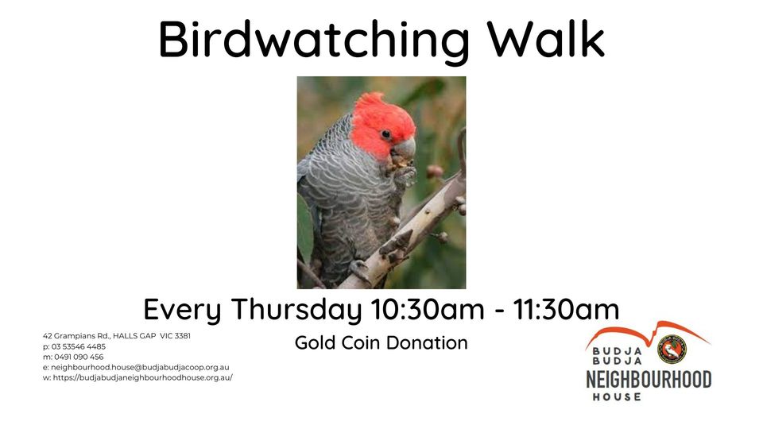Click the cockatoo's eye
[x=385, y=134]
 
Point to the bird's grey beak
[x=405, y=149]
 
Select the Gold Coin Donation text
[x=381, y=343]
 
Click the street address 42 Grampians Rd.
[x=77, y=336]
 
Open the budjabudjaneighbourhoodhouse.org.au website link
[x=143, y=377]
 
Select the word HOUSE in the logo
[x=616, y=396]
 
